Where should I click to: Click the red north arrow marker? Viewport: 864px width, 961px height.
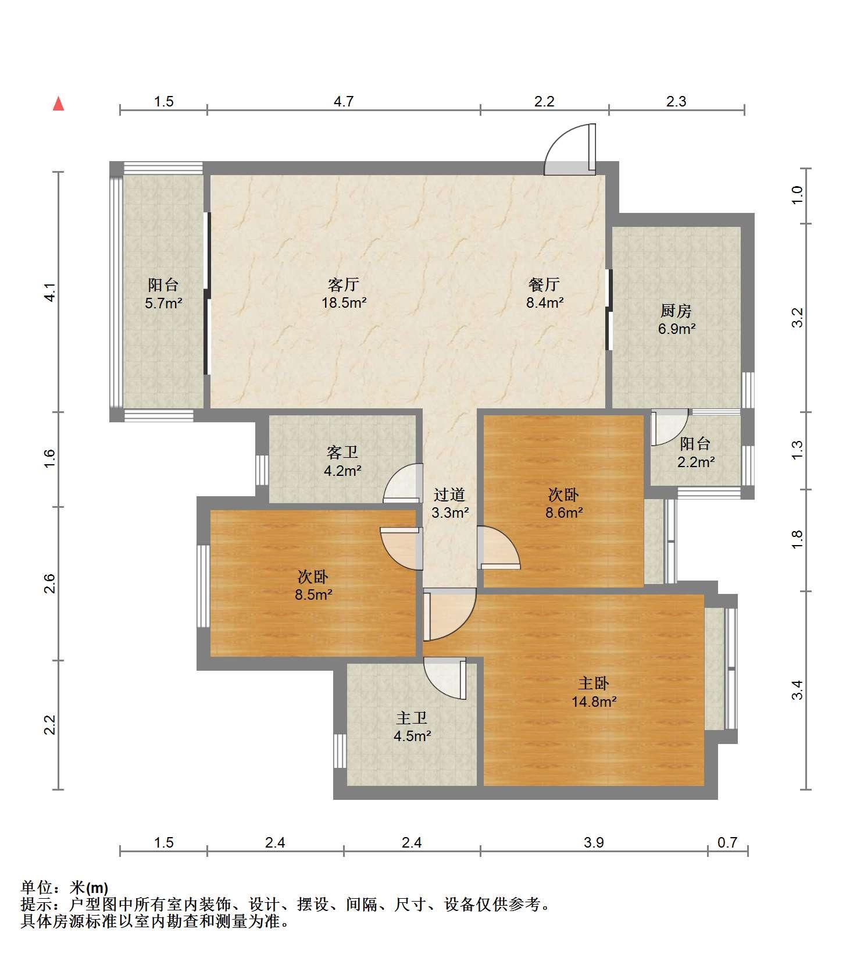(58, 104)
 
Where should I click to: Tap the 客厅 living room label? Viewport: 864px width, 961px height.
(344, 284)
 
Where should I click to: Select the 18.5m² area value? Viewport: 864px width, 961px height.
(344, 302)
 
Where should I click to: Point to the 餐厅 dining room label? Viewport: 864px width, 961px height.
(544, 284)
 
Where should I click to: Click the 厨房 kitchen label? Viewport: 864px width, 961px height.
(676, 311)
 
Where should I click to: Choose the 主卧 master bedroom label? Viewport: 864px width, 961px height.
(594, 683)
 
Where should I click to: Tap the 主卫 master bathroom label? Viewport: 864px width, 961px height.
(412, 718)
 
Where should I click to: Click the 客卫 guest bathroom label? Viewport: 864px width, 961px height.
(342, 452)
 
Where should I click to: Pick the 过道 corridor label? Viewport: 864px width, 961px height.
(449, 494)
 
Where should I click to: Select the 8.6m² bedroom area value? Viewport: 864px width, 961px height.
(564, 512)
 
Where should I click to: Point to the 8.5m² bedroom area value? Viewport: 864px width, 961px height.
(313, 595)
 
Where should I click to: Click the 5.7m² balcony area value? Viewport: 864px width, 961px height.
(163, 302)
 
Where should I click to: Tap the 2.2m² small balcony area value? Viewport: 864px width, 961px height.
(696, 462)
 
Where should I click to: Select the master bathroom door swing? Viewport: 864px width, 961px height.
(445, 679)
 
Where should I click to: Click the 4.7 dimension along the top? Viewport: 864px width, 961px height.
(344, 101)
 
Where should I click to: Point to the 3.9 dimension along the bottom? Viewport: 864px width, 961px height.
(594, 842)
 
